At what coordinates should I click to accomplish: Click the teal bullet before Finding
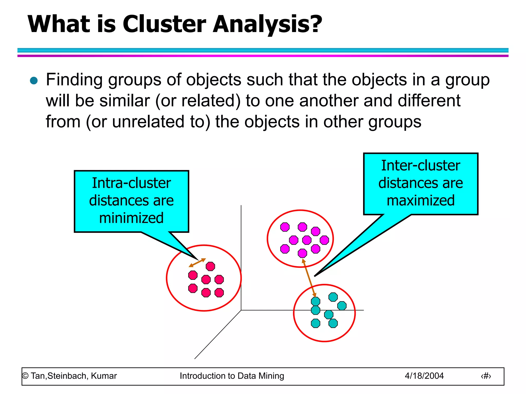34,81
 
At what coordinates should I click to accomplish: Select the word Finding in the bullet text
74,80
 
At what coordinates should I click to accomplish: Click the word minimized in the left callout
131,218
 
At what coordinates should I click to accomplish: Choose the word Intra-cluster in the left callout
131,183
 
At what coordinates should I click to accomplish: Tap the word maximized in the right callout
421,200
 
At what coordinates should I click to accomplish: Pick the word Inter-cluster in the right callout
421,165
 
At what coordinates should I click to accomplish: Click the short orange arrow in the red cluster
197,263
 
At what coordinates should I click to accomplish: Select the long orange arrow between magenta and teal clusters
309,278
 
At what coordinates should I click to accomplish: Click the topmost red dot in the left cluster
210,266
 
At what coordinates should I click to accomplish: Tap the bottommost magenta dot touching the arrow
302,253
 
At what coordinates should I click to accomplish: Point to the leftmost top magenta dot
285,227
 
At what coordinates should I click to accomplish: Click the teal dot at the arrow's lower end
315,301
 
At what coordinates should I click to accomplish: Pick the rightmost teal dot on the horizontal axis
342,306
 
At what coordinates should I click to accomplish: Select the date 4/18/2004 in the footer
424,376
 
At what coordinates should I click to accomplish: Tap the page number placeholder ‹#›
486,376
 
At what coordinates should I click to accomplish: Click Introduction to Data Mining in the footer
232,376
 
